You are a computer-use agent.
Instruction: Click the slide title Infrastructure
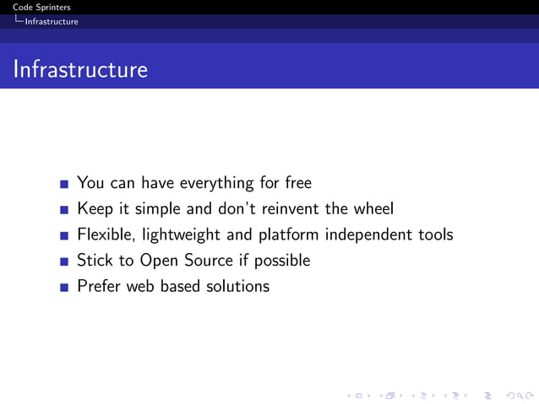tap(80, 69)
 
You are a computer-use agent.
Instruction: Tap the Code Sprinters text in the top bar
tap(41, 8)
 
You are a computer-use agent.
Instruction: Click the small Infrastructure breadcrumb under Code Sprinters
tap(52, 22)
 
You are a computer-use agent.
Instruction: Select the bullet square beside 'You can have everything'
tap(65, 183)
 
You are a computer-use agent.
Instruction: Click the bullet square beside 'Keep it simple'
tap(65, 209)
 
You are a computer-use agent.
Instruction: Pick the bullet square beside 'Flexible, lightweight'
tap(65, 235)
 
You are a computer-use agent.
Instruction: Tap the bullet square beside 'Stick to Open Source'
tap(65, 261)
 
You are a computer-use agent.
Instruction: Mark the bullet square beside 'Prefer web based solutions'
tap(65, 287)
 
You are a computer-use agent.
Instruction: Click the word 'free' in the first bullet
tap(297, 182)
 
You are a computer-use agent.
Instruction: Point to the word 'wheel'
tap(373, 208)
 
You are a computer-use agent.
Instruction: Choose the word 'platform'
tap(289, 235)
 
